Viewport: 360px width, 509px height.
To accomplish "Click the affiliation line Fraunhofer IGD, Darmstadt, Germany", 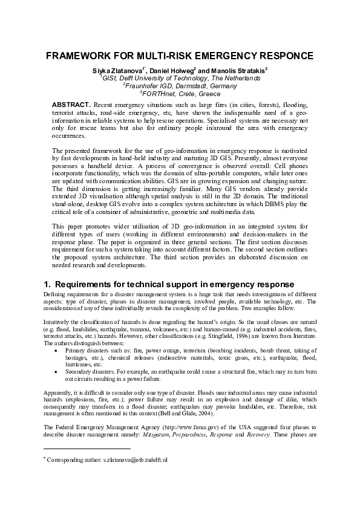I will pyautogui.click(x=180, y=86).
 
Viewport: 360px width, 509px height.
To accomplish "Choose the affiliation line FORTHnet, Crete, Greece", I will pyautogui.click(x=180, y=94).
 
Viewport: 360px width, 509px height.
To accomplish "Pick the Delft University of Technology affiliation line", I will pyautogui.click(x=180, y=78).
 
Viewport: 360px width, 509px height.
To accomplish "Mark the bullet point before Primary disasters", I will pyautogui.click(x=56, y=350).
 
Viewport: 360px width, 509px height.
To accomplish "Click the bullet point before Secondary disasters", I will pyautogui.click(x=56, y=372).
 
